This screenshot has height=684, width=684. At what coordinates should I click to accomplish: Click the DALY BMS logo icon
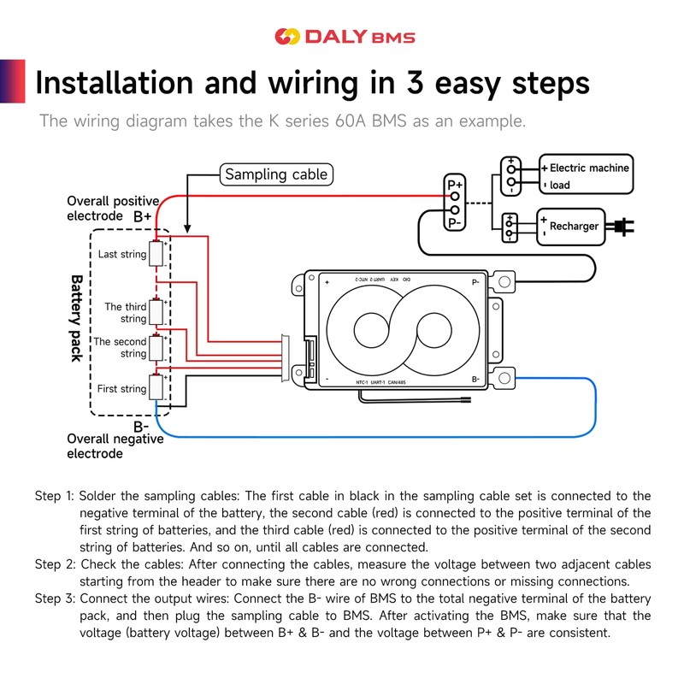(286, 37)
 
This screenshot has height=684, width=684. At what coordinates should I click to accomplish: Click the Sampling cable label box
(275, 174)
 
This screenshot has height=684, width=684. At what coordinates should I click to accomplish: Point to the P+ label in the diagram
(455, 185)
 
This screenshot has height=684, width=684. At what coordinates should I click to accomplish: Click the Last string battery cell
(156, 254)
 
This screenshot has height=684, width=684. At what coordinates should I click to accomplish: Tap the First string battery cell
(156, 388)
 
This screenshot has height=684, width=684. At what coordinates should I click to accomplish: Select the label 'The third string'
(126, 312)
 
